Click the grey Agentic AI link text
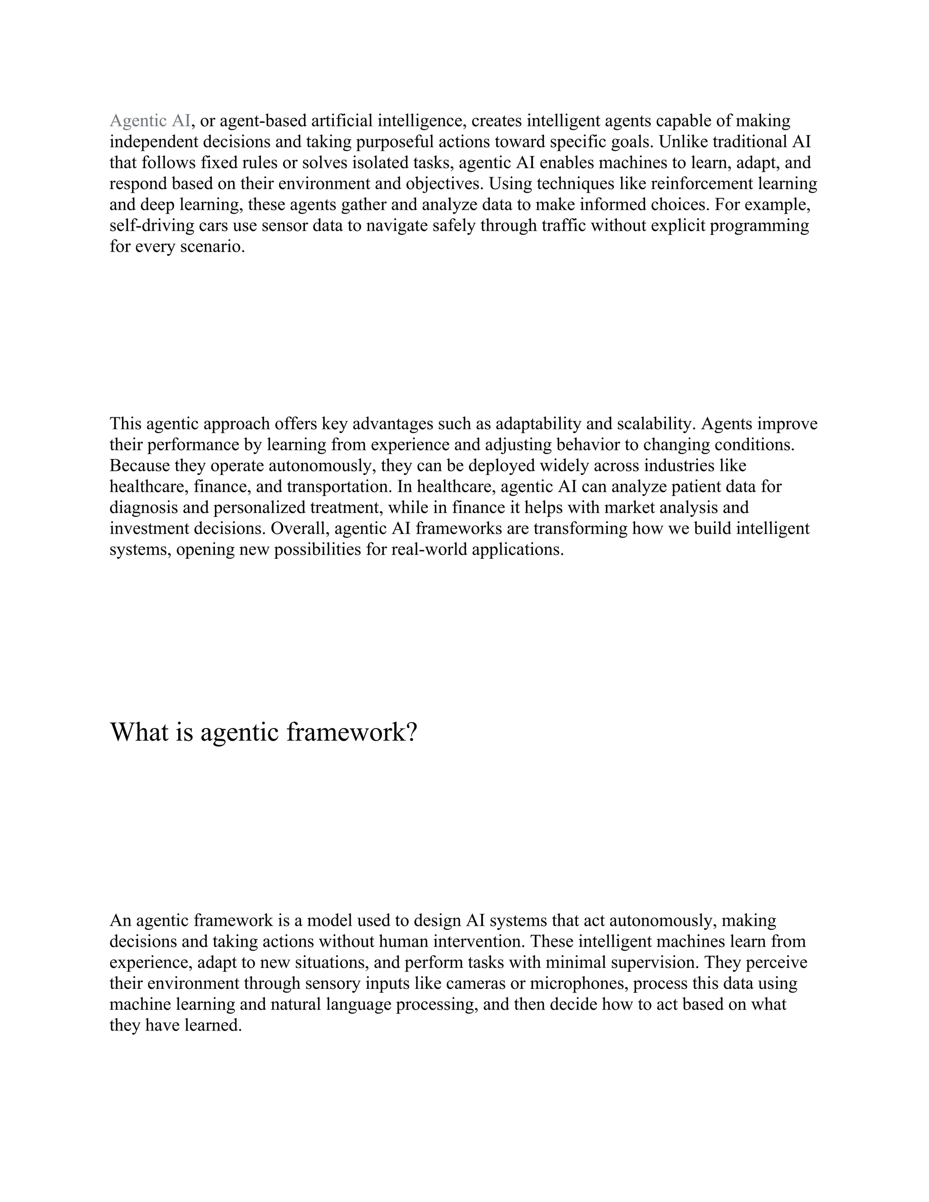150,121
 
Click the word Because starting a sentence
140,466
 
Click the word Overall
299,528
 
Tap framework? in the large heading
352,732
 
